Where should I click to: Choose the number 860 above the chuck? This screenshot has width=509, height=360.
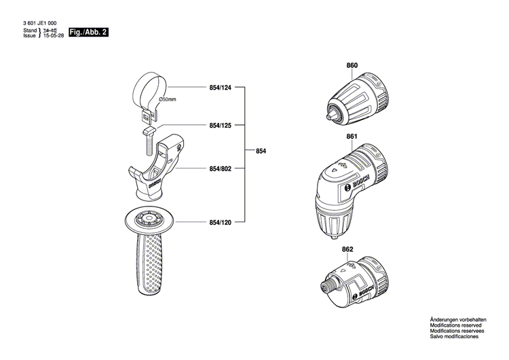pyautogui.click(x=352, y=66)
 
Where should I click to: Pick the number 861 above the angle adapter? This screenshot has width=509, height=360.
pyautogui.click(x=352, y=137)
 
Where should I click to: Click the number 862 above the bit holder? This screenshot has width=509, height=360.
pyautogui.click(x=347, y=249)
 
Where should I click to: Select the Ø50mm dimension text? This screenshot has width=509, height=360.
pyautogui.click(x=167, y=100)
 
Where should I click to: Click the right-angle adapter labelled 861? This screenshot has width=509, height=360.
pyautogui.click(x=353, y=187)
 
